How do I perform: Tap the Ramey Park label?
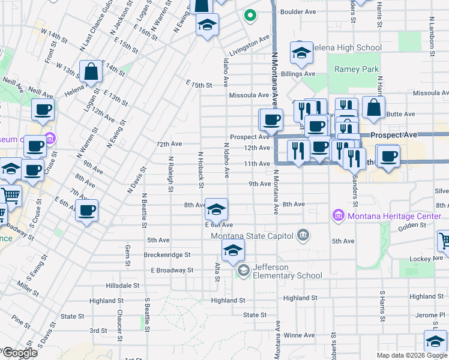357,70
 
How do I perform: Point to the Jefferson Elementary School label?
288,271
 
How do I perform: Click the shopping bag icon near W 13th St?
91,72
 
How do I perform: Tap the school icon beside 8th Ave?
216,209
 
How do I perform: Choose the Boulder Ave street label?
298,11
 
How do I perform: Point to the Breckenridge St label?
167,254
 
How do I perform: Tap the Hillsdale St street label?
122,286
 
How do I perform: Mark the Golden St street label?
412,226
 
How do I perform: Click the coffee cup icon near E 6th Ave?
87,210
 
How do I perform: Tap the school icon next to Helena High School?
301,53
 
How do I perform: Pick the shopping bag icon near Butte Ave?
373,107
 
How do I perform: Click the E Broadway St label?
172,270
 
